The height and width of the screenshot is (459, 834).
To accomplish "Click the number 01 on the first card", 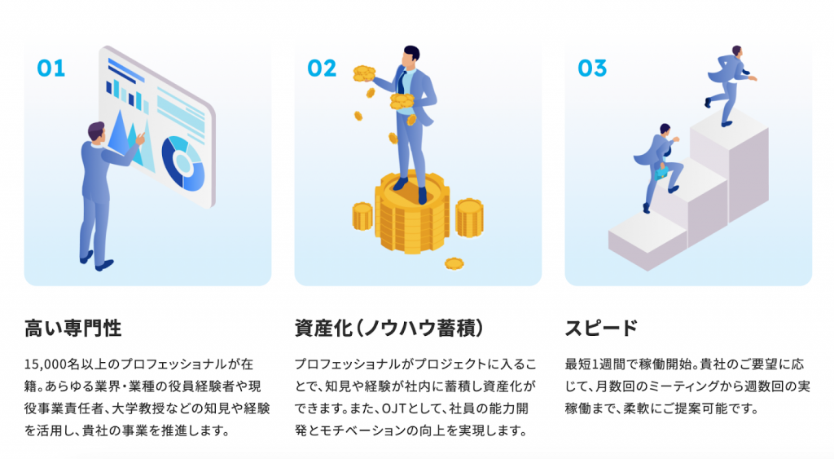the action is [51, 68].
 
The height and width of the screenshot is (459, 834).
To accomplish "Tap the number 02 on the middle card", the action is [322, 68].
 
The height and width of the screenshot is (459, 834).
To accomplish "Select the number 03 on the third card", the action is [592, 68].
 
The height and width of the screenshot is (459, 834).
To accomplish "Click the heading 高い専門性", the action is [72, 328].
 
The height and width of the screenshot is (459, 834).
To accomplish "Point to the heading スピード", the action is [601, 328].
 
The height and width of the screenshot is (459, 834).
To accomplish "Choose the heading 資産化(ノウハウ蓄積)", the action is [389, 328].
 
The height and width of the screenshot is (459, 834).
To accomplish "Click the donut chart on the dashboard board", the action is [183, 164].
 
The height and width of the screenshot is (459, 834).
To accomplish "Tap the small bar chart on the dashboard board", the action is [127, 95].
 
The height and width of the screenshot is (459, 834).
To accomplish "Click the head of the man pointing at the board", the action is [96, 131].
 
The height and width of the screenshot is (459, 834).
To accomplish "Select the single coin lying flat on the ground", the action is [454, 263].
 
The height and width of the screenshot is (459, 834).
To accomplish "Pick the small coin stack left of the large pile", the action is [362, 216].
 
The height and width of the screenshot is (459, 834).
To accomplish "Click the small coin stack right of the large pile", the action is [469, 217].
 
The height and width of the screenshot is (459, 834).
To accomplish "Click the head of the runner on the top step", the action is [736, 51].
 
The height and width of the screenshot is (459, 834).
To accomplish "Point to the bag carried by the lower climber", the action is [661, 171].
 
